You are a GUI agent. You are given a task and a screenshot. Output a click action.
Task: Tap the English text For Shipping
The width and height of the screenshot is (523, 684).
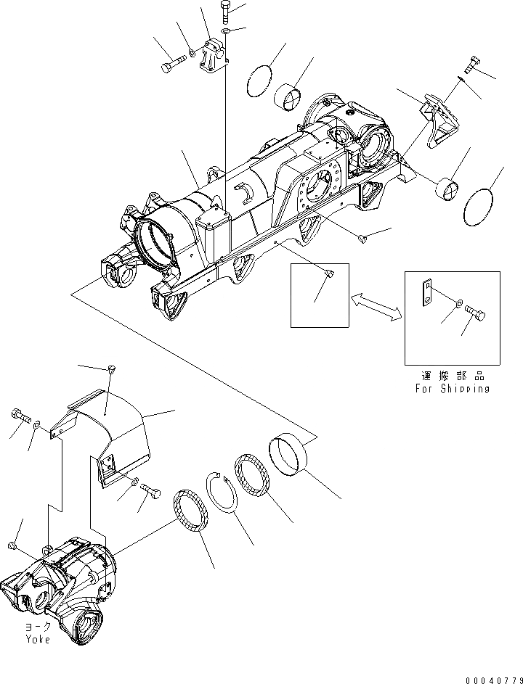[x=453, y=388]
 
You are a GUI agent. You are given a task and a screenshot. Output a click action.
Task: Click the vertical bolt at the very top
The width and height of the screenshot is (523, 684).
[x=224, y=13]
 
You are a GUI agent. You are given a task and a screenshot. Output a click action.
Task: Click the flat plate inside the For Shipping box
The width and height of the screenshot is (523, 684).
[x=429, y=294]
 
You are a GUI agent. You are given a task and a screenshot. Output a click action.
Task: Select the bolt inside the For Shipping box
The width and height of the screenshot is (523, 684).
[x=476, y=315]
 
